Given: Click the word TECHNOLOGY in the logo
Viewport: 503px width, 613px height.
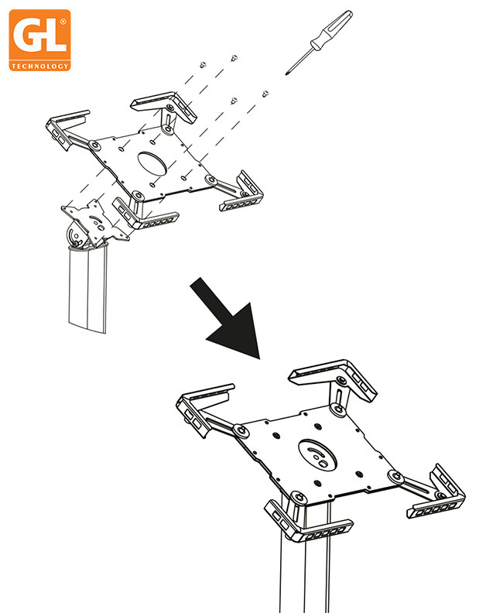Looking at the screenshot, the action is [40, 66].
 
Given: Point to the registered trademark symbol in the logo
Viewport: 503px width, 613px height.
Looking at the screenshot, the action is [63, 22].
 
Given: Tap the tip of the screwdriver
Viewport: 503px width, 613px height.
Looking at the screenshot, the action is [286, 74].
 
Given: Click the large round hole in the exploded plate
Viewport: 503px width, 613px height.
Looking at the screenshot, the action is [152, 163].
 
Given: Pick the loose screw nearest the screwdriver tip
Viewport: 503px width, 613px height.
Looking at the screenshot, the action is [265, 94].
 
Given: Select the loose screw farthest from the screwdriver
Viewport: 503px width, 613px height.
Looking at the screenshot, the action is [203, 65].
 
